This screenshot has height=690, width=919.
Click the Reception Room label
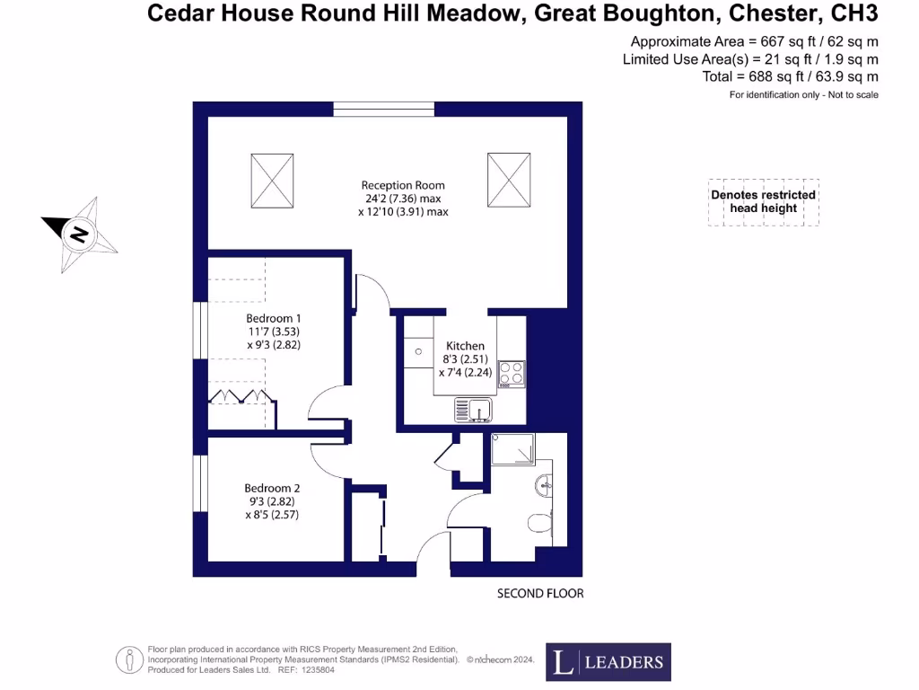coord(403,186)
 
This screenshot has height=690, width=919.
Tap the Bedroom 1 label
coord(274,318)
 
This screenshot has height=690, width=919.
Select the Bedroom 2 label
coord(271,488)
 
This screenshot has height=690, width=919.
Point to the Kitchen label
coord(465,346)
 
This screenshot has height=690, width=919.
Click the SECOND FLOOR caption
coord(540,594)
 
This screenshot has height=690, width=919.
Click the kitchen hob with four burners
coord(512,373)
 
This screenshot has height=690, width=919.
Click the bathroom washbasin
coord(542,486)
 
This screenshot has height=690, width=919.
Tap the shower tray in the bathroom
coord(512,448)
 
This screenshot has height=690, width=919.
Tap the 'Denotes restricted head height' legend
coord(763,201)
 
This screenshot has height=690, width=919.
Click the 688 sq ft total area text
coord(790,76)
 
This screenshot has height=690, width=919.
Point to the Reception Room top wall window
coord(384,110)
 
